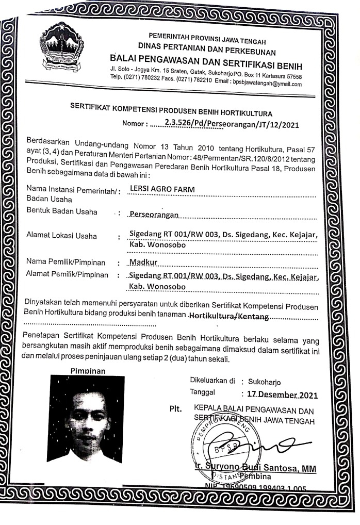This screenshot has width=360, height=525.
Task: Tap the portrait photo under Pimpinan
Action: tap(85, 420)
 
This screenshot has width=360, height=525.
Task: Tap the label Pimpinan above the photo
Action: tap(87, 371)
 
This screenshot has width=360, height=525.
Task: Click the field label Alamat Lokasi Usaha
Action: tap(61, 236)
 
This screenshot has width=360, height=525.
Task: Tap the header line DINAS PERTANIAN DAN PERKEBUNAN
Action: tap(206, 52)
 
